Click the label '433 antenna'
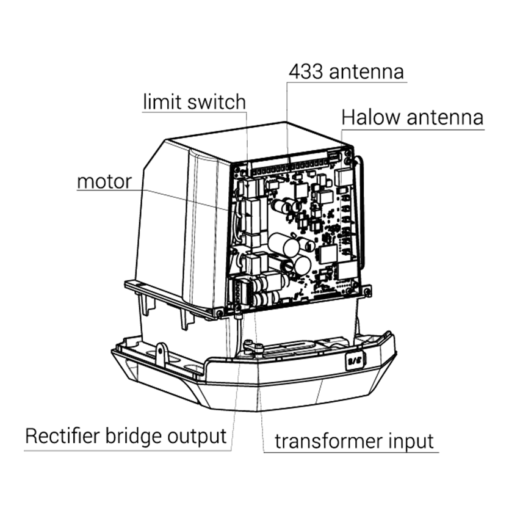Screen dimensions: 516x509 pyautogui.click(x=346, y=71)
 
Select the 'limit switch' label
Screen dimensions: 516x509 pyautogui.click(x=194, y=101)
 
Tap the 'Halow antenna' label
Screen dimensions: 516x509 pyautogui.click(x=412, y=117)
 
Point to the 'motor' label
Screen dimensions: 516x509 pyautogui.click(x=104, y=181)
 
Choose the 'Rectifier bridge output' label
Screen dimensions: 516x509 pyautogui.click(x=126, y=436)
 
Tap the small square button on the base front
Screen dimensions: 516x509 pyautogui.click(x=355, y=360)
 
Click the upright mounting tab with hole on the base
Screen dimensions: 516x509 pyautogui.click(x=161, y=354)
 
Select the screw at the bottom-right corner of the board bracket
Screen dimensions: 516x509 pyautogui.click(x=367, y=293)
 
